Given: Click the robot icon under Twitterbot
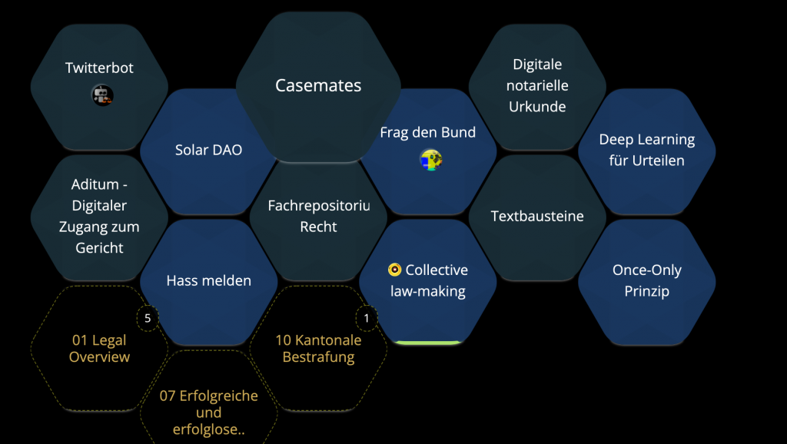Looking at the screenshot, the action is coord(102,95).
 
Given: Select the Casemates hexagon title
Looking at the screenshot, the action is coord(318,85).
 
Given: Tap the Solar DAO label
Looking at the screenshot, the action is coord(209,150).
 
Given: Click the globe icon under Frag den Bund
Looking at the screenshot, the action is coord(430,160).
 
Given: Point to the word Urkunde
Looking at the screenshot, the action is coord(537,106).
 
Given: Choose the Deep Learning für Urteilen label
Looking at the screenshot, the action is coord(647,150).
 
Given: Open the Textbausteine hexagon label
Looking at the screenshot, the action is coord(537,216).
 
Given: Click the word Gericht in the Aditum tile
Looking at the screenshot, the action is coord(99,248).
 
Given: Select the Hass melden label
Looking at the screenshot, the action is coord(209,280).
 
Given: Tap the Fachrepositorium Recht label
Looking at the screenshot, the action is coord(319,216).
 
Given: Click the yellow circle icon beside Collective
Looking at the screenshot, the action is coord(394,270).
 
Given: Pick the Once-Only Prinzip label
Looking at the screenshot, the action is coord(647,280).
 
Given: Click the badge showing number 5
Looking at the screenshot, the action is coord(148,318).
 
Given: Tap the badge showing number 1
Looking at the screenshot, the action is coord(367,318).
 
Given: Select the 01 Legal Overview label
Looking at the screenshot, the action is coord(99,348).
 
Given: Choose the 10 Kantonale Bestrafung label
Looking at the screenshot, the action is coord(318,348).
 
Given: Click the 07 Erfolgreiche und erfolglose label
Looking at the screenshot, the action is coord(209,413).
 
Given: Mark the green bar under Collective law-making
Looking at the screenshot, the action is coord(427,343).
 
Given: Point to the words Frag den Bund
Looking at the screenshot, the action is coord(427,132).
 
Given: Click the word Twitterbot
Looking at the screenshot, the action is coord(99,68).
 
